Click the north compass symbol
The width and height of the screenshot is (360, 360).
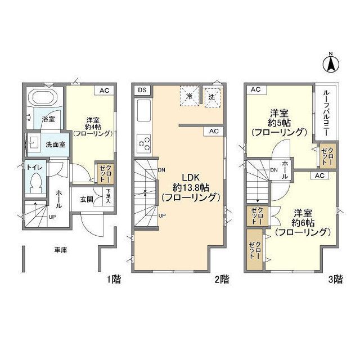(332, 62)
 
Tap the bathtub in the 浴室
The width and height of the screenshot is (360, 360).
(44, 98)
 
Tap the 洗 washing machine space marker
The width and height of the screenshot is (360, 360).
(213, 96)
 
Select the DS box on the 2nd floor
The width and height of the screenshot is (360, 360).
(142, 90)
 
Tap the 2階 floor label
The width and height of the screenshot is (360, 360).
(222, 278)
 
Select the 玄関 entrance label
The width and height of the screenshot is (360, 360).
(87, 199)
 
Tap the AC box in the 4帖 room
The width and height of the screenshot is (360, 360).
(105, 90)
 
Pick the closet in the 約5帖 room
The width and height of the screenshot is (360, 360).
(326, 156)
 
